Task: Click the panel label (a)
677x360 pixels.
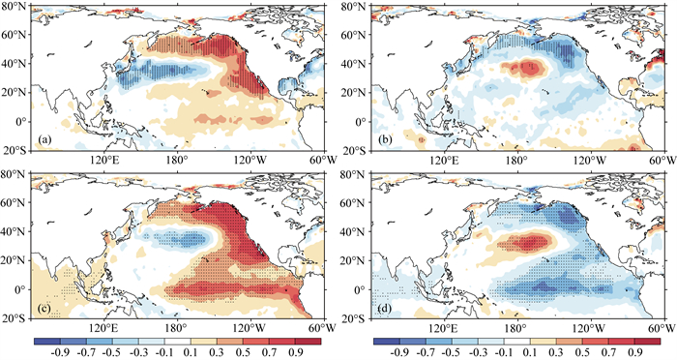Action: (x=44, y=139)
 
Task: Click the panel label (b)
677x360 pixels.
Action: (x=385, y=139)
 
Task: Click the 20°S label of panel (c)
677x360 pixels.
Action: (x=15, y=319)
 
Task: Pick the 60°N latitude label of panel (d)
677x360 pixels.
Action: (x=355, y=202)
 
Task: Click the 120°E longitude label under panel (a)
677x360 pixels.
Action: (x=103, y=161)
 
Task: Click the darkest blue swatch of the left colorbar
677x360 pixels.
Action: (x=46, y=342)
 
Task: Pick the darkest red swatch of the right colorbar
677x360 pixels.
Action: (x=647, y=342)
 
